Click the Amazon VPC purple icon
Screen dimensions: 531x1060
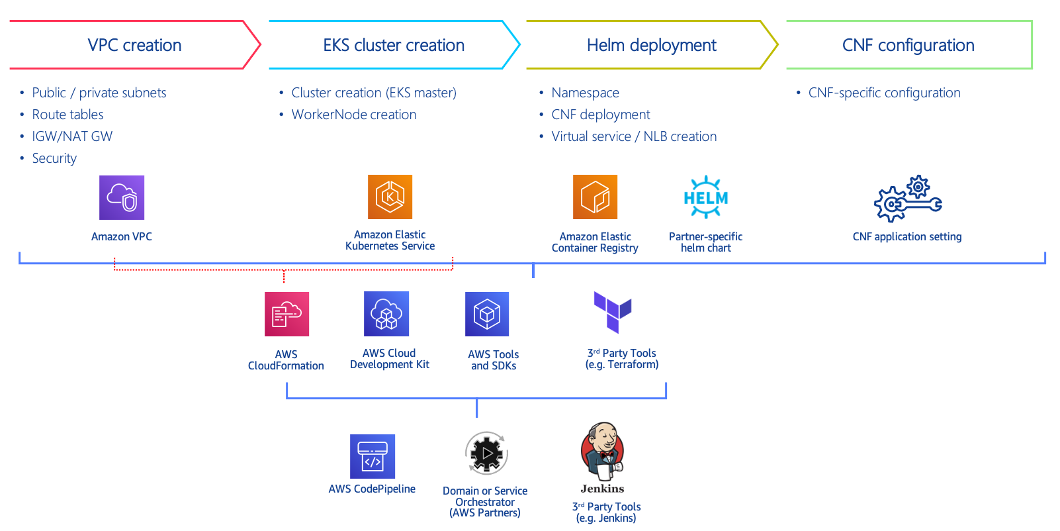click(122, 197)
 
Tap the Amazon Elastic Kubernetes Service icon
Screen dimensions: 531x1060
click(390, 197)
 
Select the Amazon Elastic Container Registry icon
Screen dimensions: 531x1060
click(595, 197)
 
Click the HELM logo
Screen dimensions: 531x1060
click(706, 197)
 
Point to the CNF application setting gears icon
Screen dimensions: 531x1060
click(908, 199)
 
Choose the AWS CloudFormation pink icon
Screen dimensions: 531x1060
click(287, 314)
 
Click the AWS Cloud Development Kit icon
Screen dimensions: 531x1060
click(386, 314)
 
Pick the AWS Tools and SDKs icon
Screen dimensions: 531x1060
click(487, 314)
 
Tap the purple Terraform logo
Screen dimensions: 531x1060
click(613, 311)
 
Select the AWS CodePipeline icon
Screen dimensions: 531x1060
click(373, 456)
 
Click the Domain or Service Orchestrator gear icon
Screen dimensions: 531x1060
click(487, 454)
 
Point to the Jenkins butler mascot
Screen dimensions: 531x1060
click(602, 452)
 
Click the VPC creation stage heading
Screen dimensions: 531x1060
click(134, 45)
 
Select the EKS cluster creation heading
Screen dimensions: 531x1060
click(394, 45)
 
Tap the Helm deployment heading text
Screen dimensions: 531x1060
click(651, 45)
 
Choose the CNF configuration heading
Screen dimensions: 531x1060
click(908, 45)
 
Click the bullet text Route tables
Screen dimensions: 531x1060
click(67, 115)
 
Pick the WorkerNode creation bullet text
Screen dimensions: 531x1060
click(354, 115)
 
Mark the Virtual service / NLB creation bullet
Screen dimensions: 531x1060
click(634, 136)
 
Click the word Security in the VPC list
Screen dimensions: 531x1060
click(54, 158)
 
